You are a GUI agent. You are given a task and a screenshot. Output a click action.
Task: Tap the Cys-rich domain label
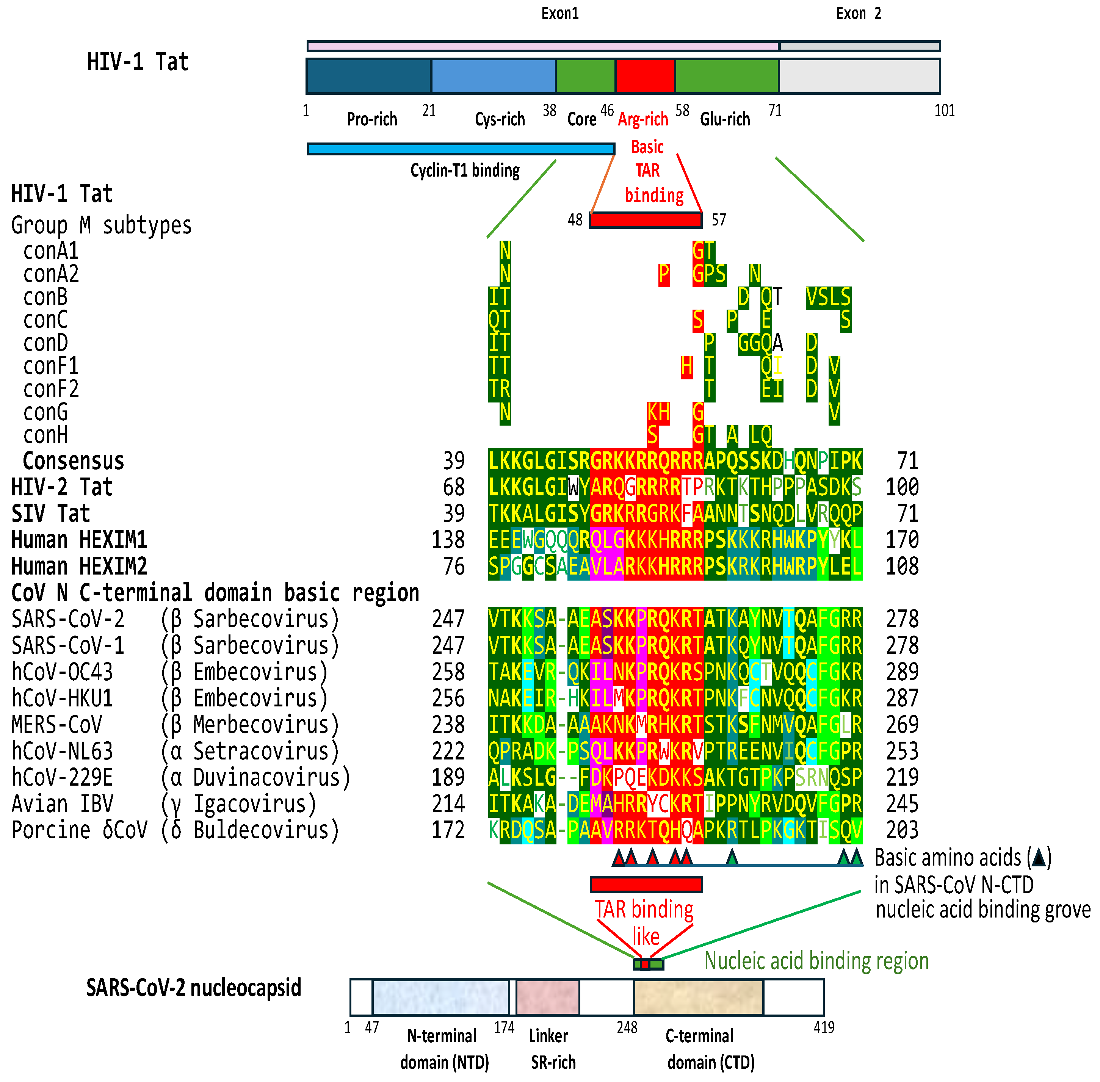pyautogui.click(x=500, y=119)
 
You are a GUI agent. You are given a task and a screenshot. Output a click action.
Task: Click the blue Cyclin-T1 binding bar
pyautogui.click(x=461, y=149)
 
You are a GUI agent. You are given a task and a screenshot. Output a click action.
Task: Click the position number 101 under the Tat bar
pyautogui.click(x=944, y=110)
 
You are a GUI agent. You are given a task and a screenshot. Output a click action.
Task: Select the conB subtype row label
pyautogui.click(x=45, y=297)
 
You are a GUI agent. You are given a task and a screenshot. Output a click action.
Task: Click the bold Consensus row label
pyautogui.click(x=73, y=461)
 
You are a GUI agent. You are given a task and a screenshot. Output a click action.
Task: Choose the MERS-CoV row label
pyautogui.click(x=57, y=725)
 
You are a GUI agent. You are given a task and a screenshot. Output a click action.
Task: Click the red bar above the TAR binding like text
pyautogui.click(x=646, y=884)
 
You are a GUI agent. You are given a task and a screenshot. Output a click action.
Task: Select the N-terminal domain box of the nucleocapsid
pyautogui.click(x=440, y=997)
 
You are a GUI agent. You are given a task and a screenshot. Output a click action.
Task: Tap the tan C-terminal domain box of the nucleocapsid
pyautogui.click(x=699, y=997)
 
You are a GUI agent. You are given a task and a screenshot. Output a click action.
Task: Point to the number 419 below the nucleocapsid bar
pyautogui.click(x=824, y=1027)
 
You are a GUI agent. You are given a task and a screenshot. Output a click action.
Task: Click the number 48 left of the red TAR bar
pyautogui.click(x=575, y=220)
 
